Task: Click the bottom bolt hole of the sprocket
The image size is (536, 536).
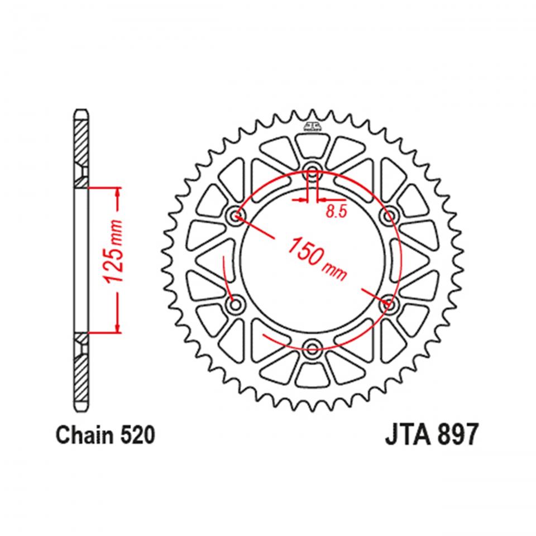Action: [312, 350]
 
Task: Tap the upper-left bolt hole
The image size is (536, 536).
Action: [234, 216]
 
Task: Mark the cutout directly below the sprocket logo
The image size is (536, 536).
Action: [312, 146]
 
